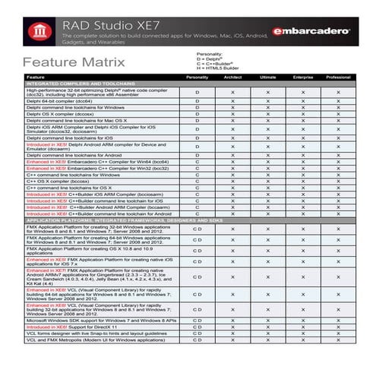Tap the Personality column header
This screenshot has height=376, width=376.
(x=197, y=77)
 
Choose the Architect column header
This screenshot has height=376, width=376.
(x=232, y=77)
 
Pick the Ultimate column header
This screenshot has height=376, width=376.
(x=267, y=77)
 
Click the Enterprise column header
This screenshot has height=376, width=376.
(x=302, y=77)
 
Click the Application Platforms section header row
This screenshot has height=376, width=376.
(x=114, y=220)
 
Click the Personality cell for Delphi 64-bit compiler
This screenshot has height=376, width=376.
(x=197, y=100)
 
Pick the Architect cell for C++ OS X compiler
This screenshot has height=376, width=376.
(x=232, y=181)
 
